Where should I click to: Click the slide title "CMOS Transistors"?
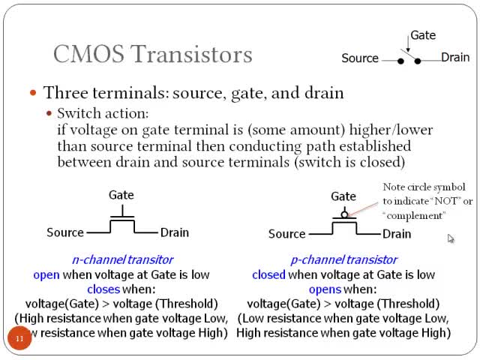pos(152,54)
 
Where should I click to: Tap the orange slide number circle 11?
pos(19,340)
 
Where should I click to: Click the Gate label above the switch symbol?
pos(422,35)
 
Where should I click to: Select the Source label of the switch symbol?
pos(360,58)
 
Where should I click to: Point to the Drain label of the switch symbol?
pos(455,58)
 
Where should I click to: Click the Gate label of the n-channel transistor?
pos(121,195)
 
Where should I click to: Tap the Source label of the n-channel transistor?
pos(65,232)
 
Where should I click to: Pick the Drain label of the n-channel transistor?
pos(175,232)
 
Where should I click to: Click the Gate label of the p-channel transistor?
pos(343,196)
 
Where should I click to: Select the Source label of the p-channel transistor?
pos(286,234)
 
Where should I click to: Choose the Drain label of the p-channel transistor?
pos(397,234)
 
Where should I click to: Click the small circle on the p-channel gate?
pos(343,214)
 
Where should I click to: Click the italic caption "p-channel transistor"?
pos(343,259)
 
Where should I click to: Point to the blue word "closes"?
pos(103,289)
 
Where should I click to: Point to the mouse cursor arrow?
pos(451,238)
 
